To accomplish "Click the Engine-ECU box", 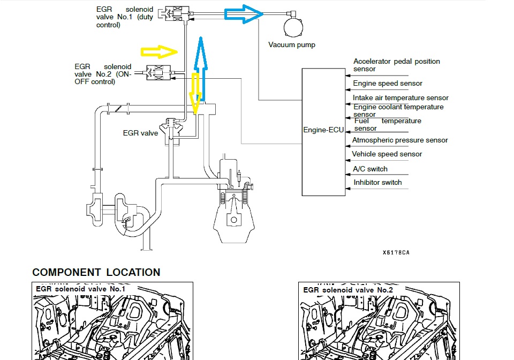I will coord(323,132).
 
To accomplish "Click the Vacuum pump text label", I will coord(291,45).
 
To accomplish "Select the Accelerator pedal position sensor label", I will coord(396,65).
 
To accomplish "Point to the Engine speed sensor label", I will coord(388,84).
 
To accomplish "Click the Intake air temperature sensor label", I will coord(400,98).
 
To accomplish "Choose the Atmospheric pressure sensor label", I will coord(399,140).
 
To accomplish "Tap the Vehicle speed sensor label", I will coord(387,154).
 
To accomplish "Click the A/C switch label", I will coord(370,169).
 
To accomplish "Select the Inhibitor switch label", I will coord(377,183).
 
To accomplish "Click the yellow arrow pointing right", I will coord(159,51).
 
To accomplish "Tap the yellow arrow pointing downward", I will coord(195,94).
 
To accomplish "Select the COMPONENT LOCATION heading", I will coord(96,272).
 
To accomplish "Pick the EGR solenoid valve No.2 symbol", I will coord(159,73).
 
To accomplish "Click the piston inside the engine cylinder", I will coord(233,219).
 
